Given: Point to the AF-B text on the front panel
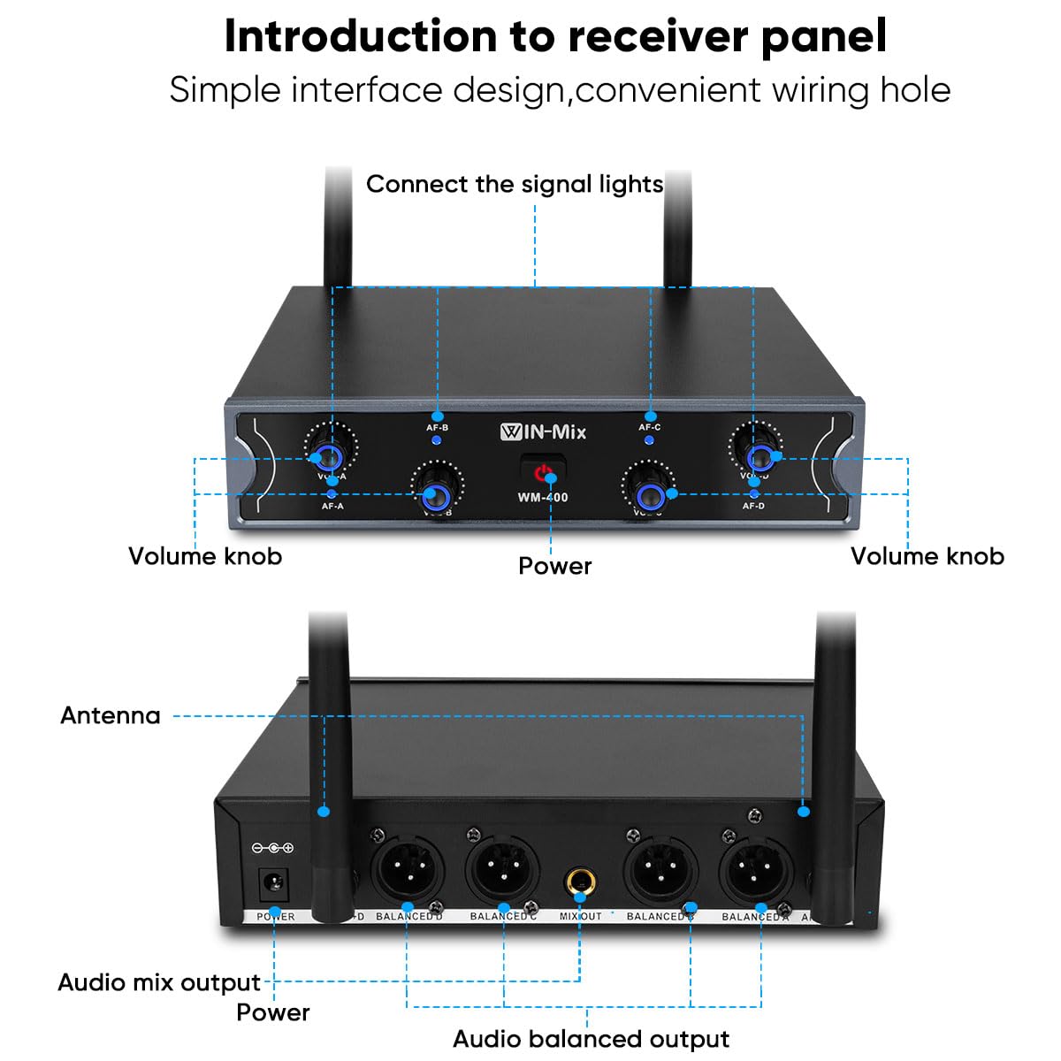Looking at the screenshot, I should (438, 428).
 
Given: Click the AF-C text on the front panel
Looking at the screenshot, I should (650, 428).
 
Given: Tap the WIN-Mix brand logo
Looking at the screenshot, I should (543, 432).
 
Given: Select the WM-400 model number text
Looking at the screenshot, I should (543, 498).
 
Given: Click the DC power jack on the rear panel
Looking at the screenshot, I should (273, 882).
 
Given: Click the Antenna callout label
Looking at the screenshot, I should (111, 715).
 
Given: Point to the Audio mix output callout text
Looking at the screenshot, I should (159, 982).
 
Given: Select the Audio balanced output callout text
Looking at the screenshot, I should (591, 1039).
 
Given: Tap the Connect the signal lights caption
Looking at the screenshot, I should (515, 184).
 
